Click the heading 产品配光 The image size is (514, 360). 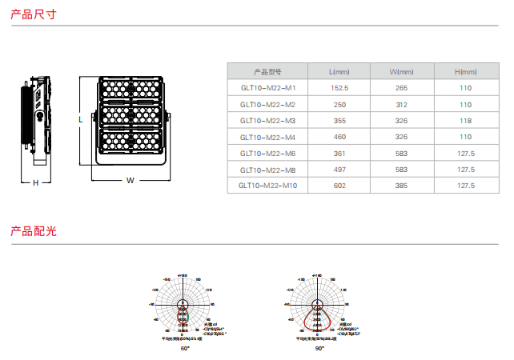click(x=33, y=231)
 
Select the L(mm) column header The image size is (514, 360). click(x=339, y=72)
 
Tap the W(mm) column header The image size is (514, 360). click(x=401, y=72)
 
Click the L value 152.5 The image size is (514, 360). click(x=339, y=88)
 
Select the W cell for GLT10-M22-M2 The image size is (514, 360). click(x=401, y=105)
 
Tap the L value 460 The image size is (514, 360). click(x=339, y=137)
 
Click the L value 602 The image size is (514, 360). click(x=339, y=186)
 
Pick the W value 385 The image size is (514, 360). click(x=401, y=186)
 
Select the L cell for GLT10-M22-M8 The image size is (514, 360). click(x=339, y=170)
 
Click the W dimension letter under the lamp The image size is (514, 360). click(x=130, y=180)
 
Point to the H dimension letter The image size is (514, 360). click(x=35, y=182)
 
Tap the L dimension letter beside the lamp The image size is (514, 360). click(x=80, y=118)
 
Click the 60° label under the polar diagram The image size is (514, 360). click(x=184, y=349)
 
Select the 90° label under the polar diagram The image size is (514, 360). click(x=319, y=349)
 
